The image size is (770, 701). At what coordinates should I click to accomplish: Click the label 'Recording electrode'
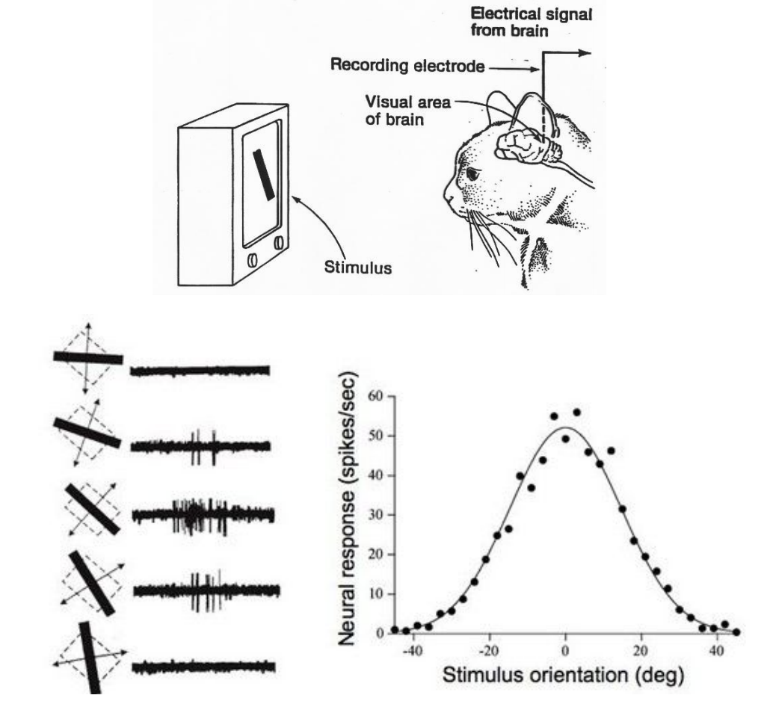tap(407, 66)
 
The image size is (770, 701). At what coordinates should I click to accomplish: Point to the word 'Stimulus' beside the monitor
tap(357, 268)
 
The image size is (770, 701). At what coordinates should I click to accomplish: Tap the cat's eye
tap(474, 173)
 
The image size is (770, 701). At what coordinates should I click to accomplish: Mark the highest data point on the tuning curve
tap(576, 412)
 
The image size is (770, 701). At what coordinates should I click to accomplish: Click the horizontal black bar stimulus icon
tap(87, 358)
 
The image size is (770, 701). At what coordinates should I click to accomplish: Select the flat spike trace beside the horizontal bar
tap(200, 370)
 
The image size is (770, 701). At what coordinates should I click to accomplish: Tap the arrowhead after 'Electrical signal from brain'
tap(586, 53)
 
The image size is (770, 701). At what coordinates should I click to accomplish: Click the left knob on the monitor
tap(252, 259)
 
